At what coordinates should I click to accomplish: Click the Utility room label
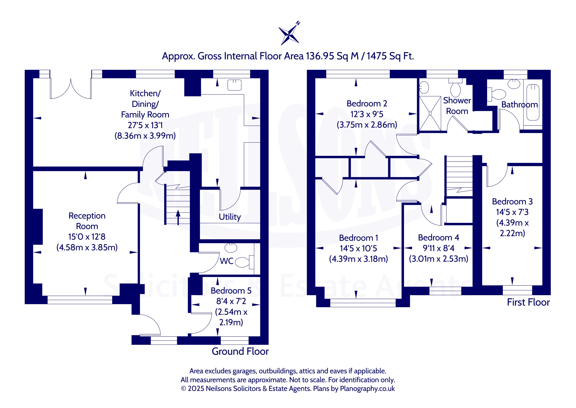click(230, 217)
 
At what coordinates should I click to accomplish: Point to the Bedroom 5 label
click(231, 291)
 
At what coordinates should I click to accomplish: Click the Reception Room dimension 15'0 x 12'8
click(87, 237)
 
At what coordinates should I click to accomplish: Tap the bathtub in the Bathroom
click(533, 102)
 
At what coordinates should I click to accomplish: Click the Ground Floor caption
click(240, 351)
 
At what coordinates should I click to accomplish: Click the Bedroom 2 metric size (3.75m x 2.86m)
click(367, 125)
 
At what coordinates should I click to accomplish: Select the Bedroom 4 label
click(439, 238)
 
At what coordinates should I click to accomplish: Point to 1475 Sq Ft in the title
click(390, 56)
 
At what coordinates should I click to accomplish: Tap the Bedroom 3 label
click(512, 201)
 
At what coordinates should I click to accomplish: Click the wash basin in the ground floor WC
click(231, 248)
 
